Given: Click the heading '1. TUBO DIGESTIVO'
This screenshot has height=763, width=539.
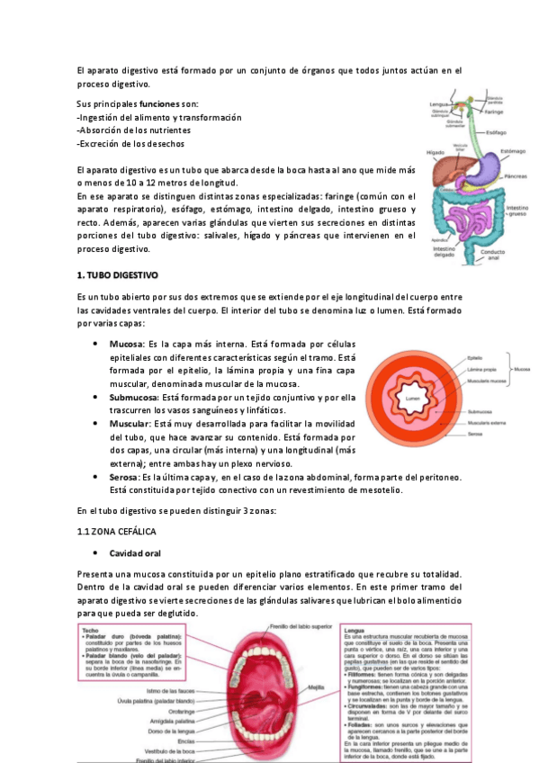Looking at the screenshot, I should (x=117, y=273).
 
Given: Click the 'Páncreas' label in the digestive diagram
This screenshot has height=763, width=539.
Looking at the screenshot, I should (x=516, y=176).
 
